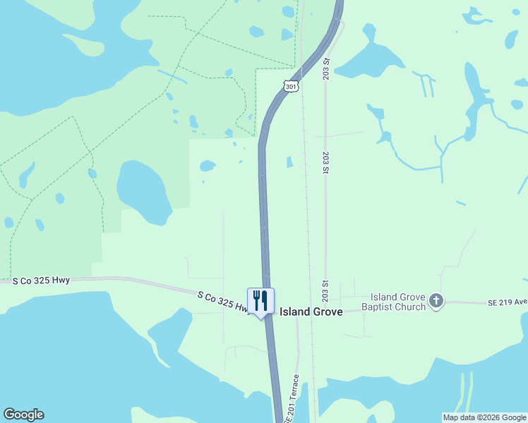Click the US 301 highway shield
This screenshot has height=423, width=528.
[x=291, y=86]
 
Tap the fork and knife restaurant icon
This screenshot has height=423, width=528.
[x=260, y=301]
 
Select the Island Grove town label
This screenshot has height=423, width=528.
[x=311, y=312]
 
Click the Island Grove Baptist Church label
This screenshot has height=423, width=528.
[x=394, y=302]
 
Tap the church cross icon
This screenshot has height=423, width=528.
[x=436, y=302]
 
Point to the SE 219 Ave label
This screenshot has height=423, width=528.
[x=507, y=302]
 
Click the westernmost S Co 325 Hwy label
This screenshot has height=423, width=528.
[x=42, y=280]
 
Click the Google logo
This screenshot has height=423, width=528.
[x=23, y=415]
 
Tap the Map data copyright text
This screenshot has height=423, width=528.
[x=484, y=417]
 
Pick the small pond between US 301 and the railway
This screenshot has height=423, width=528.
[x=289, y=162]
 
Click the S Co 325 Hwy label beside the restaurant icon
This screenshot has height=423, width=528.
[x=222, y=302]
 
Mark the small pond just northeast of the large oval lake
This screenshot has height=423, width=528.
[x=207, y=166]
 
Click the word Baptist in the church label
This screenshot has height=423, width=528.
[x=380, y=307]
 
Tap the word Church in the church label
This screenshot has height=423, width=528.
[x=412, y=307]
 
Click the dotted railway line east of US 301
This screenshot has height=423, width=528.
[x=308, y=211]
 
